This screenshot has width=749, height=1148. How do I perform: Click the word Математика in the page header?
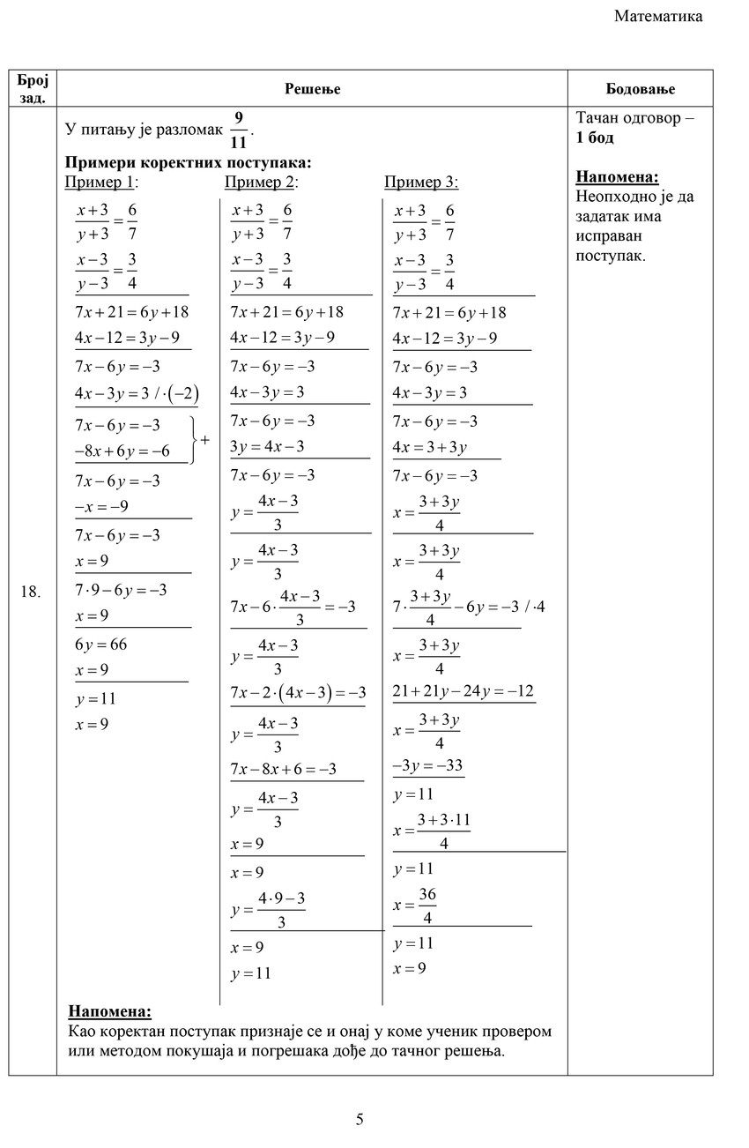coord(658,16)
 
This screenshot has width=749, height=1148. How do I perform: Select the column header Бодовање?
coord(640,88)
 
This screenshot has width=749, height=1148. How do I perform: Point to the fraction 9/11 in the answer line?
coord(238,130)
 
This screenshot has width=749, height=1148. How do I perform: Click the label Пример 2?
coord(261,182)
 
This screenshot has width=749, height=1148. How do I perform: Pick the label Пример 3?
coord(421,182)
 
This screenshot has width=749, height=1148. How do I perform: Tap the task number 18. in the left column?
coord(31,592)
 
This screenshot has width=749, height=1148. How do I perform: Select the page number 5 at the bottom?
coord(360,1120)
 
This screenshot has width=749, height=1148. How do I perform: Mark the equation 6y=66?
coord(101,644)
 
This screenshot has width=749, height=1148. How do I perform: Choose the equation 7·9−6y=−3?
coord(121,590)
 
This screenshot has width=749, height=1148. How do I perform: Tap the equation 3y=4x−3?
coord(268,446)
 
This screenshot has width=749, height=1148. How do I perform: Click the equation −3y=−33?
coord(428,765)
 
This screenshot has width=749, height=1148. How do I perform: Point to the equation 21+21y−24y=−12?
coord(463,690)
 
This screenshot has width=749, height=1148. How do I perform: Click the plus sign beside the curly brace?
coord(204,438)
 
